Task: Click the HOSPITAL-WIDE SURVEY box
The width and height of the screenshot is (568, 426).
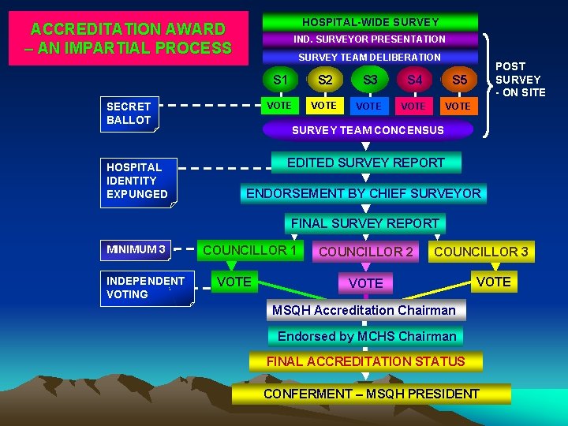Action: click(370, 21)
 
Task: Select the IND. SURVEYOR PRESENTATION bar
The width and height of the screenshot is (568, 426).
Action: click(370, 39)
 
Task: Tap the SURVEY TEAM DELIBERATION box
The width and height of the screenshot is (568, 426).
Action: click(370, 57)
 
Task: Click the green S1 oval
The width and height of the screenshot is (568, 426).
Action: click(280, 80)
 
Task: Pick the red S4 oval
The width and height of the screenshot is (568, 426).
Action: click(414, 80)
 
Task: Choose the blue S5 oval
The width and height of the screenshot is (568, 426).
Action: click(459, 80)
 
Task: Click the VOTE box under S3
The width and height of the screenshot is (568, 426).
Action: click(368, 106)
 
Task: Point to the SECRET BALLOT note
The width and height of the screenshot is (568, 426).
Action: click(131, 113)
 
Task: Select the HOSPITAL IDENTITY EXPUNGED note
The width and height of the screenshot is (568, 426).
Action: click(138, 181)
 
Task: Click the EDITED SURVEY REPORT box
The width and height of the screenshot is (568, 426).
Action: click(366, 163)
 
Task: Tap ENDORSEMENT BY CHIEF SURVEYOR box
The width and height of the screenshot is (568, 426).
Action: click(364, 193)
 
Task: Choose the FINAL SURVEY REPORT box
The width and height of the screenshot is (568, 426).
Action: click(365, 223)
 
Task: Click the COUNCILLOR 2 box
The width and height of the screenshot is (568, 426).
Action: click(366, 252)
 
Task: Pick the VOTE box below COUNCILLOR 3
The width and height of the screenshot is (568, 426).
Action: click(494, 282)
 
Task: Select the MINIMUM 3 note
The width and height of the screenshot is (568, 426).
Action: click(137, 250)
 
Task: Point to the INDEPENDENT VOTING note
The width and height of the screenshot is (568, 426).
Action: click(147, 288)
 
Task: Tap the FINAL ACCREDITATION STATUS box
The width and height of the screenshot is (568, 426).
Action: click(365, 361)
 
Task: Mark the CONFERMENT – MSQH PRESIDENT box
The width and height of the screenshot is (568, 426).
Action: click(372, 394)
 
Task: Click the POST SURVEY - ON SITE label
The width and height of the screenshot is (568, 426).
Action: click(520, 80)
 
